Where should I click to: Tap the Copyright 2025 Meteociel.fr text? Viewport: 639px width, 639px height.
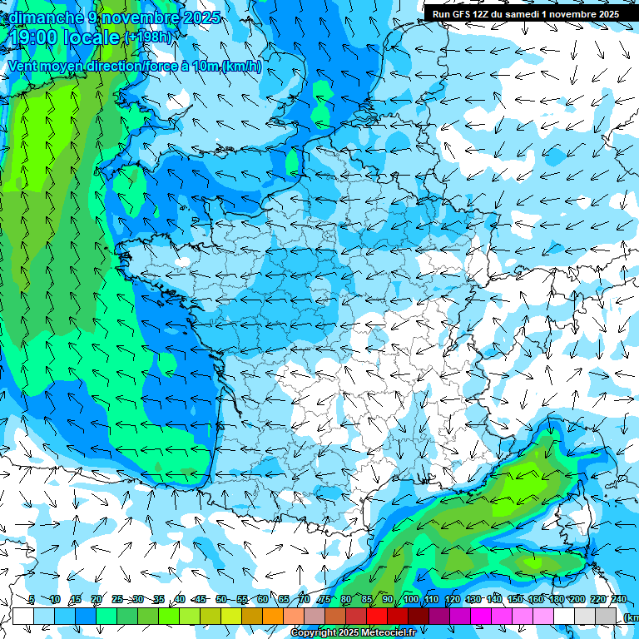tap(354, 633)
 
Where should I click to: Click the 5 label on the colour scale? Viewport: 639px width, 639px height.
tap(31, 599)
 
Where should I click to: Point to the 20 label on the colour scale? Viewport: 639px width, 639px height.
tap(96, 599)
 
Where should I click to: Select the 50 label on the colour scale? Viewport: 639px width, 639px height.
tap(220, 599)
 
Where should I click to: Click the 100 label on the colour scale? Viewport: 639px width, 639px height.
tap(410, 599)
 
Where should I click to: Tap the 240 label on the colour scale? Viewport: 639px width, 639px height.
tap(619, 599)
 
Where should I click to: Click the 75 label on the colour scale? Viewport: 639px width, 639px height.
tap(324, 599)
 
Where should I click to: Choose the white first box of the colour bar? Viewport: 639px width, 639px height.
tap(23, 616)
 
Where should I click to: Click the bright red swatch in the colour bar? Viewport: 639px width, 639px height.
tap(377, 616)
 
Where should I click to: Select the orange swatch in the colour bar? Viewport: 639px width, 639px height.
tap(273, 616)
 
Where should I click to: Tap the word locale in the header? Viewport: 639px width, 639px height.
tap(91, 38)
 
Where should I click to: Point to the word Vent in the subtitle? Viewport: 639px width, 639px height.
tap(24, 67)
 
